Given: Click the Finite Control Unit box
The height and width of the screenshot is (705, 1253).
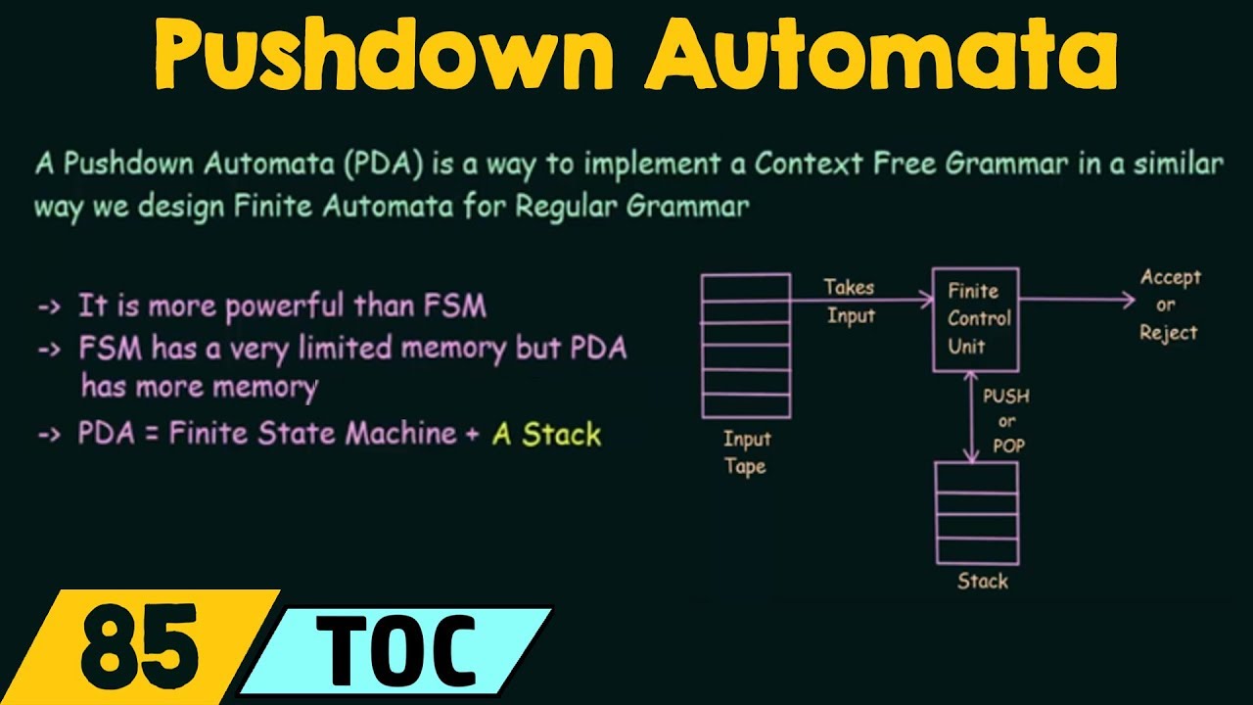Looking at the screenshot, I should pyautogui.click(x=975, y=319).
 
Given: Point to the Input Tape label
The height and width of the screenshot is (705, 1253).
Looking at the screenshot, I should pyautogui.click(x=746, y=452).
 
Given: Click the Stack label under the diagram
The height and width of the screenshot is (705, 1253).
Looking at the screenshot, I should pyautogui.click(x=982, y=582).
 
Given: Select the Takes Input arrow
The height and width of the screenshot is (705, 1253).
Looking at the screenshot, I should pyautogui.click(x=861, y=301).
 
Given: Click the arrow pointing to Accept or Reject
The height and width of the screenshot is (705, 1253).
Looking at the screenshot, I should pyautogui.click(x=1077, y=301).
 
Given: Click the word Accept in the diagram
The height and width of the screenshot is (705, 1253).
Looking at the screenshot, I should pyautogui.click(x=1170, y=278).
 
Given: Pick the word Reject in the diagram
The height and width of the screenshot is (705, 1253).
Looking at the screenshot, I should pyautogui.click(x=1168, y=333).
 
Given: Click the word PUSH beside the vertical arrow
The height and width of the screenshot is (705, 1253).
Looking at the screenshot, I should pyautogui.click(x=1005, y=398).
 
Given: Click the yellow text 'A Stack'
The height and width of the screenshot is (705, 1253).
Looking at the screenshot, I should pyautogui.click(x=546, y=434).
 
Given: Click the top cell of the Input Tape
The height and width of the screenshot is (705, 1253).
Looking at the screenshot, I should pyautogui.click(x=746, y=285).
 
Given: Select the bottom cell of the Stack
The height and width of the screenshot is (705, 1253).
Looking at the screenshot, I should pyautogui.click(x=976, y=550).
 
